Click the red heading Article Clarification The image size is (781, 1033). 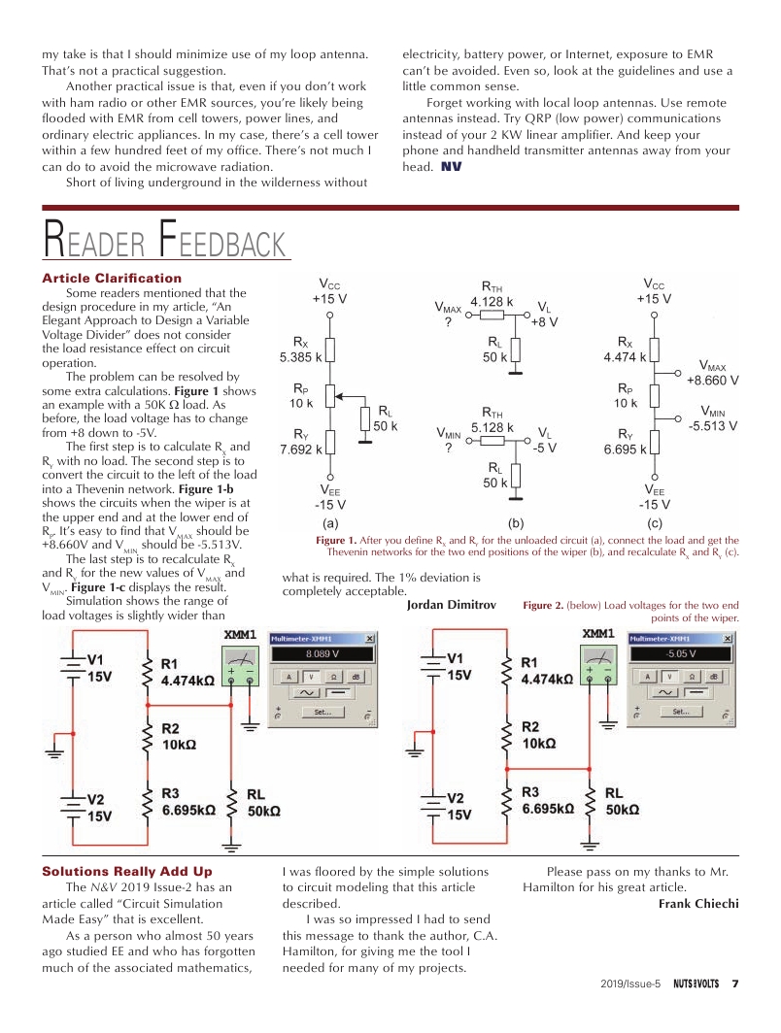[112, 278]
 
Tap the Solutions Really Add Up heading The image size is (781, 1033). [126, 871]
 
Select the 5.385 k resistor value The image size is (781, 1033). [301, 357]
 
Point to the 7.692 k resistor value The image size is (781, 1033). [301, 449]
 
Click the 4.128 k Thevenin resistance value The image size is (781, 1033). [492, 301]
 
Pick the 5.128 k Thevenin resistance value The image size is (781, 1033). [492, 426]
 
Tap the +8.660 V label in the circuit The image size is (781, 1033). [713, 381]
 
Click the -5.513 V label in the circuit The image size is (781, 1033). [713, 425]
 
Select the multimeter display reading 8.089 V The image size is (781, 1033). [321, 653]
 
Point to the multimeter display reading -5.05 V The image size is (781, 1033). [678, 653]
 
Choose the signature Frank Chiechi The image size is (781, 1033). [698, 904]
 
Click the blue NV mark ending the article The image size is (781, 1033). [452, 167]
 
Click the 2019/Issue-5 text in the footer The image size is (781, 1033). [630, 983]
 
